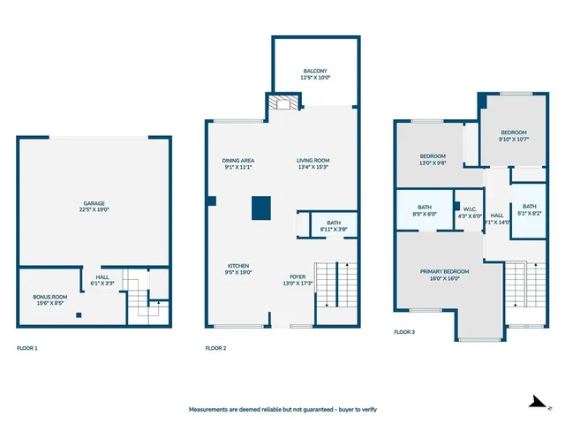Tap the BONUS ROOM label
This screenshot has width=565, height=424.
(x=50, y=297)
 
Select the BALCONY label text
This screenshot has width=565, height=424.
(x=315, y=72)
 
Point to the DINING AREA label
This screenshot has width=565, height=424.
(x=238, y=160)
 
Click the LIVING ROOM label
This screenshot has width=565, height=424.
(x=313, y=160)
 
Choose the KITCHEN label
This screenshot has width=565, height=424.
(x=237, y=266)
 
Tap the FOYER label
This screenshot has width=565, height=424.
(x=298, y=276)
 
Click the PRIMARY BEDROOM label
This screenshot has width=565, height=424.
(x=445, y=271)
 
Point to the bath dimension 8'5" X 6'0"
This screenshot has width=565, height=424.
(x=424, y=213)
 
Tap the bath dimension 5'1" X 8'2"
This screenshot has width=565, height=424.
(x=529, y=213)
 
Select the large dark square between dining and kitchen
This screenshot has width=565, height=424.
(x=260, y=208)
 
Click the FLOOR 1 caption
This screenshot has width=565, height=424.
(x=27, y=348)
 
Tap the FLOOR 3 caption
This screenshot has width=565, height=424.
(x=404, y=332)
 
